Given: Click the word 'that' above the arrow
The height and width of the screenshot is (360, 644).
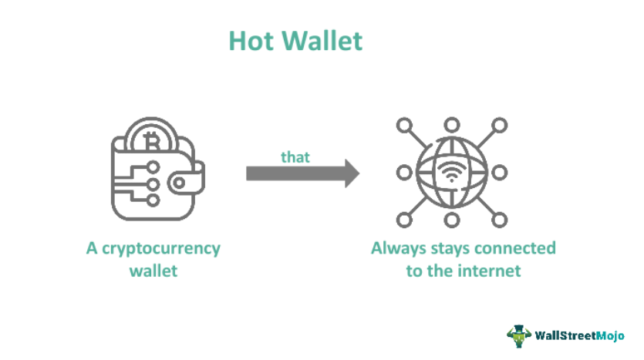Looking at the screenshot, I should click(x=295, y=156).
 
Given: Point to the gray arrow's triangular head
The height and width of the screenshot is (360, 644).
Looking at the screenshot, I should click(x=351, y=173).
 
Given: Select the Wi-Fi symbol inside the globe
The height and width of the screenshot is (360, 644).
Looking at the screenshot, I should click(x=452, y=170).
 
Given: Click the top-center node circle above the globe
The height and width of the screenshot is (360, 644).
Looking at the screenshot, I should click(x=453, y=124).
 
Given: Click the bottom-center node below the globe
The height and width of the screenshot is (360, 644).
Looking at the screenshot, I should click(x=453, y=220).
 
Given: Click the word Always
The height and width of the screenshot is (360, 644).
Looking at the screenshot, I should click(x=396, y=249).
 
